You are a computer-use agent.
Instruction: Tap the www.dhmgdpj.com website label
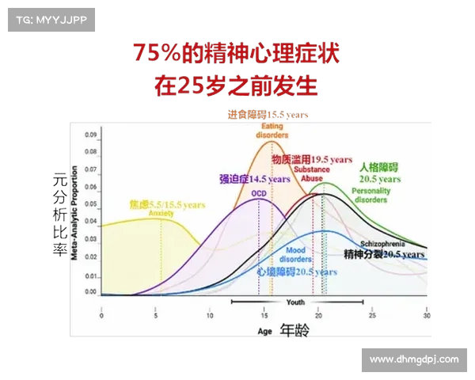(x=415, y=359)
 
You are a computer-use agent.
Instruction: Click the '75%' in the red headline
(x=162, y=55)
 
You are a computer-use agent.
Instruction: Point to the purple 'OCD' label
(x=258, y=193)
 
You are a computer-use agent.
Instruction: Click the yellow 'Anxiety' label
(x=161, y=213)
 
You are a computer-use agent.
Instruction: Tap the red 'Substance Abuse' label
(x=311, y=173)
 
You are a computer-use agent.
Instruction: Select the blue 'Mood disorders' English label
(x=296, y=255)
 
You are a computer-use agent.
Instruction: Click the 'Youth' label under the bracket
(x=295, y=302)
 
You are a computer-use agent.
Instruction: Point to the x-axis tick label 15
(x=264, y=315)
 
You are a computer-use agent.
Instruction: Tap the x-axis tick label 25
(x=372, y=315)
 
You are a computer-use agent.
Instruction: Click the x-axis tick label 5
(x=155, y=315)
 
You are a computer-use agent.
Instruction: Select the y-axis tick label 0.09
(x=90, y=135)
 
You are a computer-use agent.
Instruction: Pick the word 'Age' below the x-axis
(x=265, y=332)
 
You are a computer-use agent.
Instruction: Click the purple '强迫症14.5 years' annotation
(x=255, y=179)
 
